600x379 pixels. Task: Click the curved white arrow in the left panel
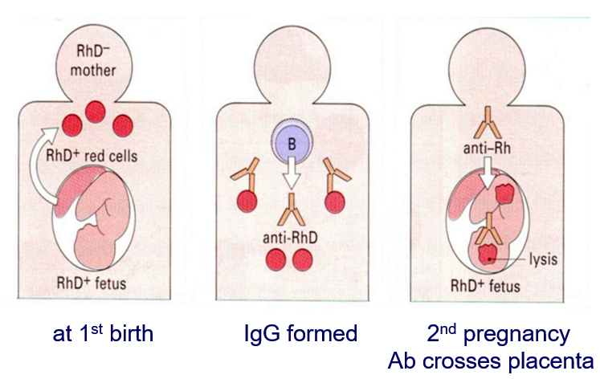[62, 161]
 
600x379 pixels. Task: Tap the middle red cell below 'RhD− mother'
[97, 112]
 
